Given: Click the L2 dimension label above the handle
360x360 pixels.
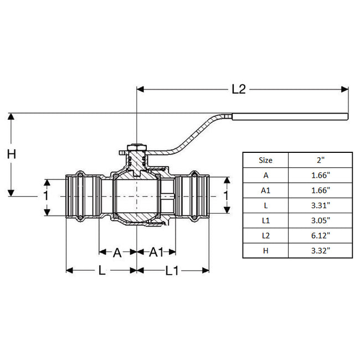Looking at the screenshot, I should tap(238, 89).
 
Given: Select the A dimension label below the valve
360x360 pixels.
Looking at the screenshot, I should tap(117, 253).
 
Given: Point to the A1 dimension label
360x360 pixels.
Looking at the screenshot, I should tap(156, 253).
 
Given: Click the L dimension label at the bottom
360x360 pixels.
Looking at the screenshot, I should tap(101, 271).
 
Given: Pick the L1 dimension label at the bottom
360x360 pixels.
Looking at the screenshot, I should tap(173, 271).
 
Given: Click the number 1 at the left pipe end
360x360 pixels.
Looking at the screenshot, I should tap(47, 196).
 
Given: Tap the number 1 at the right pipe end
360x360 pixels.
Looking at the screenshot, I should tap(225, 196).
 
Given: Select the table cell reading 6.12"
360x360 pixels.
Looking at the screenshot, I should tap(320, 235).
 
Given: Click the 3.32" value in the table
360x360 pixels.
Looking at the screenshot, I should tap(320, 250).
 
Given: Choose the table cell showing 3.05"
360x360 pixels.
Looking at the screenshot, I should tap(320, 220).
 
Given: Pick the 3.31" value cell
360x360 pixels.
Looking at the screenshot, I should tap(320, 205).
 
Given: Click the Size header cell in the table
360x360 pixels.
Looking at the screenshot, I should tap(266, 160).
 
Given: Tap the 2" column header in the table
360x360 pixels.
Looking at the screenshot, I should tap(320, 160).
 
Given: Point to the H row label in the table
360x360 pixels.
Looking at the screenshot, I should tap(266, 250).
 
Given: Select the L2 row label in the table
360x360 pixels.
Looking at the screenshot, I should tap(266, 235).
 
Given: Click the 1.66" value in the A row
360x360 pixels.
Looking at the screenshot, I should tap(320, 175).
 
